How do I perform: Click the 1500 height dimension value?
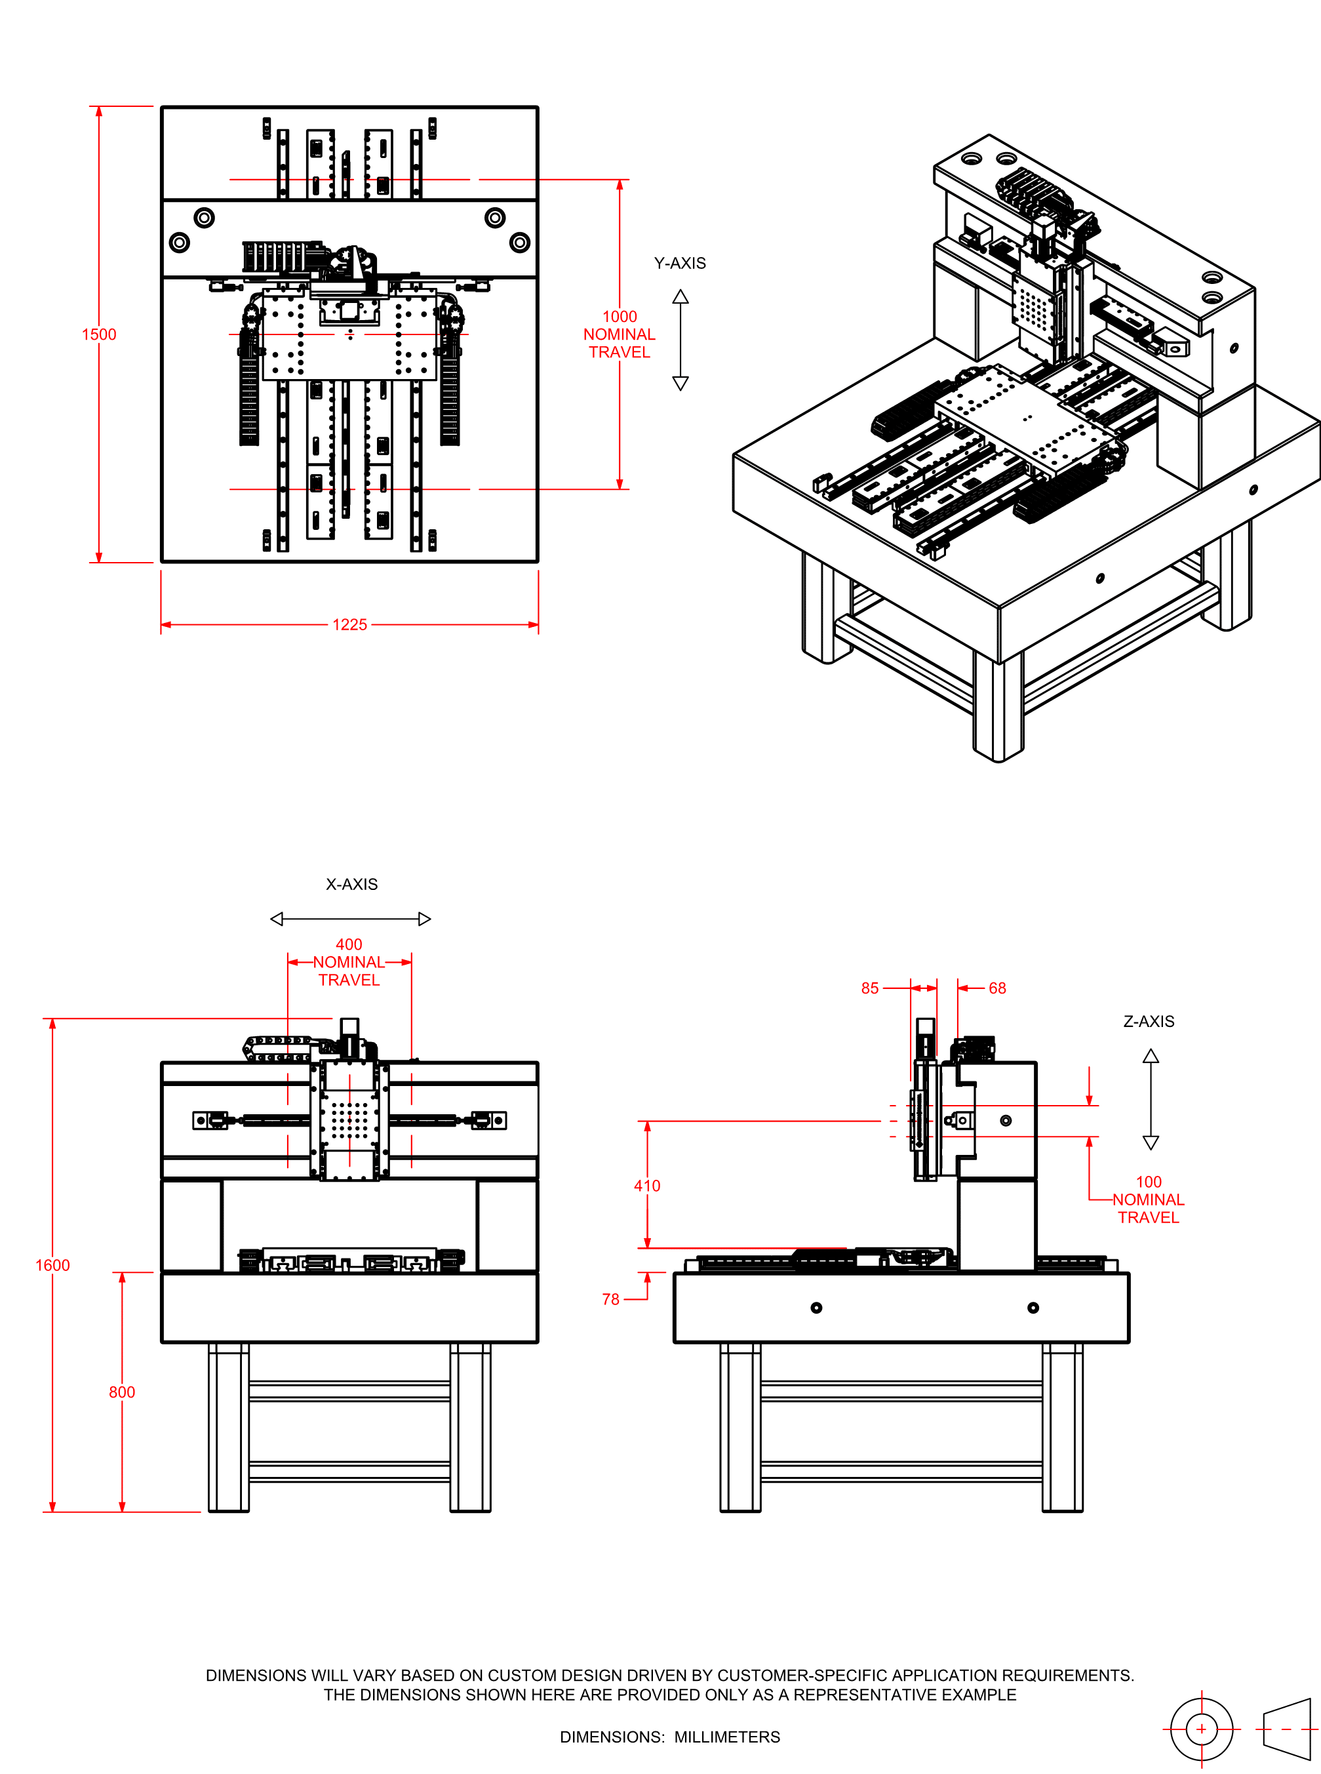(99, 334)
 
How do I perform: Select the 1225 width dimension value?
(349, 624)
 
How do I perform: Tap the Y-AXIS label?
(680, 263)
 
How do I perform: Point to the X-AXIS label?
(352, 884)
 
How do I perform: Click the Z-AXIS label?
(1149, 1021)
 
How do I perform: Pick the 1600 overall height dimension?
(53, 1265)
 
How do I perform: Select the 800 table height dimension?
(121, 1392)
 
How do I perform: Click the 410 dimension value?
(647, 1185)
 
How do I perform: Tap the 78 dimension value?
(611, 1299)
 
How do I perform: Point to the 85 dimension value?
(870, 988)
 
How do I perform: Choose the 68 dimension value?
(997, 988)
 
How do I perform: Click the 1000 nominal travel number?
(620, 317)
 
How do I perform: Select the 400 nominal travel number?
(349, 944)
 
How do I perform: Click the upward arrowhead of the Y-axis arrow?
(680, 296)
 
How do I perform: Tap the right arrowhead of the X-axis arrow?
(425, 919)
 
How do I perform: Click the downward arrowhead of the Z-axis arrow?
(1151, 1143)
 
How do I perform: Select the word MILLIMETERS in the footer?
(727, 1737)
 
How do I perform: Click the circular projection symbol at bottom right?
(1201, 1729)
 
